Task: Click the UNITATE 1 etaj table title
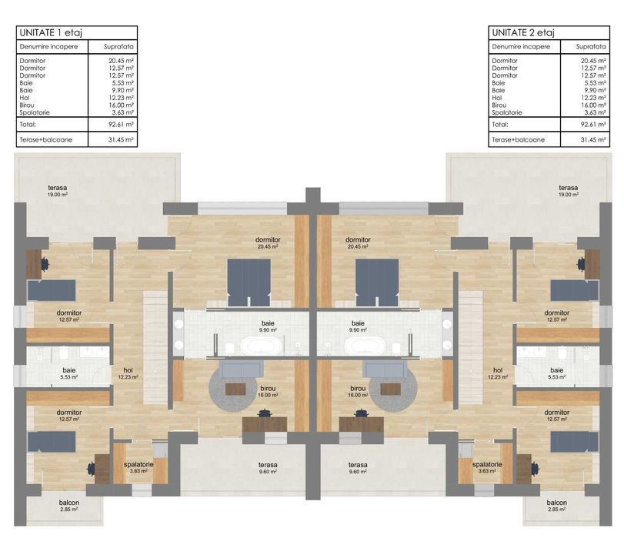pyautogui.click(x=51, y=32)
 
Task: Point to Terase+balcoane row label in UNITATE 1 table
pyautogui.click(x=45, y=140)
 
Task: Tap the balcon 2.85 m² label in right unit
pyautogui.click(x=557, y=506)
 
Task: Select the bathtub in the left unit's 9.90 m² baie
pyautogui.click(x=251, y=346)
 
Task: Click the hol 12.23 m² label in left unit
pyautogui.click(x=127, y=373)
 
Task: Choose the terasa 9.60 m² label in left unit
pyautogui.click(x=268, y=469)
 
